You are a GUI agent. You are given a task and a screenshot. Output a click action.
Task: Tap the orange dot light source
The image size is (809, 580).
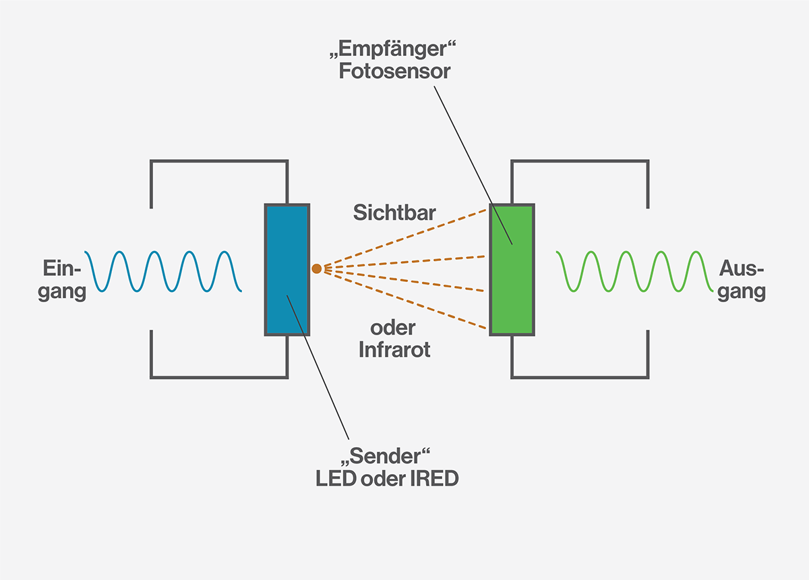(x=316, y=268)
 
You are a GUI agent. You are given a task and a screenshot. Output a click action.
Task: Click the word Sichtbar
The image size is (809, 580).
(x=394, y=213)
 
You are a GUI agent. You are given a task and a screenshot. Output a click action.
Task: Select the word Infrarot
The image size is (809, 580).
(x=394, y=350)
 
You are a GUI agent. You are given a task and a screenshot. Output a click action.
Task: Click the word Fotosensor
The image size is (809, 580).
(x=394, y=71)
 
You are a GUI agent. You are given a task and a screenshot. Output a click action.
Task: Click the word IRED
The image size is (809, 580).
(x=433, y=479)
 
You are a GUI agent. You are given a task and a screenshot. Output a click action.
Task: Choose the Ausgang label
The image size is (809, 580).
(x=742, y=280)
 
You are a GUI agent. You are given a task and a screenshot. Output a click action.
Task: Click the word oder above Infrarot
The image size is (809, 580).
(x=393, y=329)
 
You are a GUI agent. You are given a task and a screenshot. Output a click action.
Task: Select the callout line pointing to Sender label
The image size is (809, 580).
(x=324, y=384)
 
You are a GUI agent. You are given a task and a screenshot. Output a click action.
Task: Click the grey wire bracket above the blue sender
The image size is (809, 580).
(x=219, y=161)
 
